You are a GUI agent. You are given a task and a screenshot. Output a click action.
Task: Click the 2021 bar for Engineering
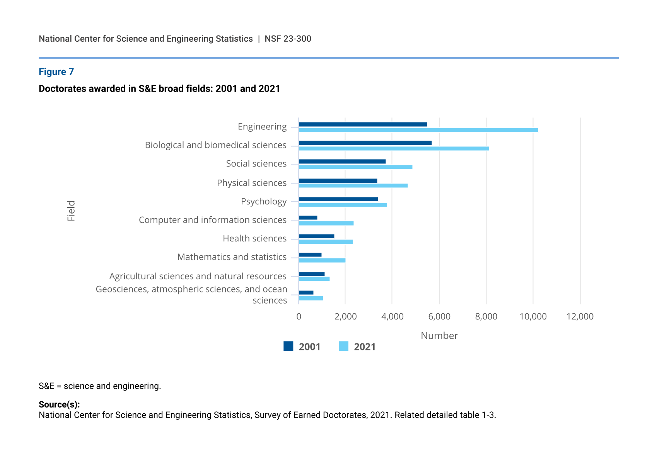click(x=418, y=130)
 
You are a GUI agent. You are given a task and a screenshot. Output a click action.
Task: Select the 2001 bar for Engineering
click(x=363, y=124)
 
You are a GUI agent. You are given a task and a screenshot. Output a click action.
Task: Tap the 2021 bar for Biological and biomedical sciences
click(x=394, y=148)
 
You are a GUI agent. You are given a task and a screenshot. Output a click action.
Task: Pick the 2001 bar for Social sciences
click(x=342, y=161)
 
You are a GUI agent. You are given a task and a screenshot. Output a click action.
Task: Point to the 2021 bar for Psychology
click(x=343, y=205)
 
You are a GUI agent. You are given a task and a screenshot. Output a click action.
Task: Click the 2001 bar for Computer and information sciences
click(x=308, y=218)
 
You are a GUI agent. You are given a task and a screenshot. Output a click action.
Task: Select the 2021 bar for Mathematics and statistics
click(x=322, y=260)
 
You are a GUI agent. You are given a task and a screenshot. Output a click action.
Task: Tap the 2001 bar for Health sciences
click(x=316, y=236)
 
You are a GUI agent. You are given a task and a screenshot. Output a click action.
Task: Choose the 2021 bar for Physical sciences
click(x=353, y=185)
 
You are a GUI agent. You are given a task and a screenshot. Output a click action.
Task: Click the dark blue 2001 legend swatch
click(x=288, y=346)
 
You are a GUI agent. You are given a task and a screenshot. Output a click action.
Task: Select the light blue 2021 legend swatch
click(x=343, y=346)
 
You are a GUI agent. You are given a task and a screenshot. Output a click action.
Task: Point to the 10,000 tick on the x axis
click(x=533, y=317)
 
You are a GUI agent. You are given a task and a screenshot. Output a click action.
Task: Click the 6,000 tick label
click(x=439, y=317)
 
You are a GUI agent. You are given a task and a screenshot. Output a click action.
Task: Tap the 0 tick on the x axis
click(x=299, y=317)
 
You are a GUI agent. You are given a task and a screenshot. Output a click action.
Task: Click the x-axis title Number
click(x=439, y=336)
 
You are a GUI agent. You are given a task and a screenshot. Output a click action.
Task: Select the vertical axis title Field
click(x=71, y=211)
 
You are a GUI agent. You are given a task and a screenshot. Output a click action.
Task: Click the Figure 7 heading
click(x=56, y=72)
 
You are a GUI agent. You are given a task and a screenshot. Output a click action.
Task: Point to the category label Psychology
click(x=264, y=202)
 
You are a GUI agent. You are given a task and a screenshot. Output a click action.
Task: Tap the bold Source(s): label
click(x=59, y=404)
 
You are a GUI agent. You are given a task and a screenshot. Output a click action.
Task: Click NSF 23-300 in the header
click(x=288, y=39)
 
